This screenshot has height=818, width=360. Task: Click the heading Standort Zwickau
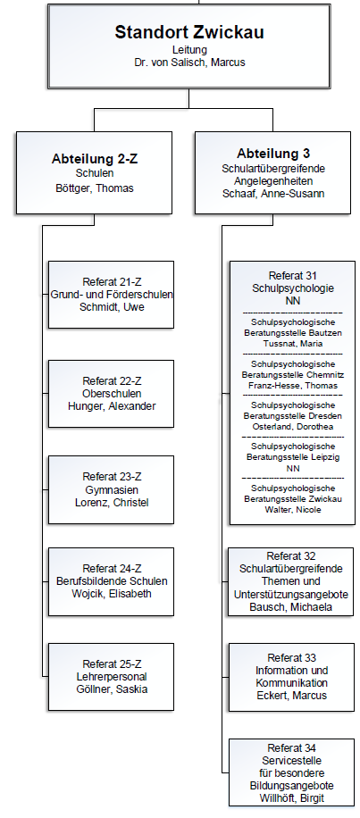(189, 32)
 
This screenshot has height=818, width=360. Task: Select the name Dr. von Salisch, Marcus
(189, 63)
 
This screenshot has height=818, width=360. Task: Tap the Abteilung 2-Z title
(95, 159)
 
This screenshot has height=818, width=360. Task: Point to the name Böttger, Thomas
(95, 188)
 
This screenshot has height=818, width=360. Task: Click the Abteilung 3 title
(273, 154)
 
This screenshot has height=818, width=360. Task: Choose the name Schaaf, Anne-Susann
(273, 194)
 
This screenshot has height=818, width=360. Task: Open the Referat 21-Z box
(111, 295)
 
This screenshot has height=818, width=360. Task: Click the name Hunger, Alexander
(112, 406)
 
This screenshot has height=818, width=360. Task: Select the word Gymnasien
(112, 490)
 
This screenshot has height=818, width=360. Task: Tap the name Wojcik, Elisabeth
(112, 594)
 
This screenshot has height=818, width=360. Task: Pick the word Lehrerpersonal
(112, 677)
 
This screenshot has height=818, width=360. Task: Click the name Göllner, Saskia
(112, 689)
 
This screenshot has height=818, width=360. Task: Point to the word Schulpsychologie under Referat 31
(293, 288)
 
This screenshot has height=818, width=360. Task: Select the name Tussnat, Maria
(293, 344)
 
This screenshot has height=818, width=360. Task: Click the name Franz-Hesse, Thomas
(293, 386)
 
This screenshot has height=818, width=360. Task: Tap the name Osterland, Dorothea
(293, 427)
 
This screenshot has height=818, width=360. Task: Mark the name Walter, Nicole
(293, 510)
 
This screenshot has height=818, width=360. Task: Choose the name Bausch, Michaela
(291, 607)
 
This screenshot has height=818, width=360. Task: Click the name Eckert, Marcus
(291, 696)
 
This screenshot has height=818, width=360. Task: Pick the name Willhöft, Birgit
(291, 798)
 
